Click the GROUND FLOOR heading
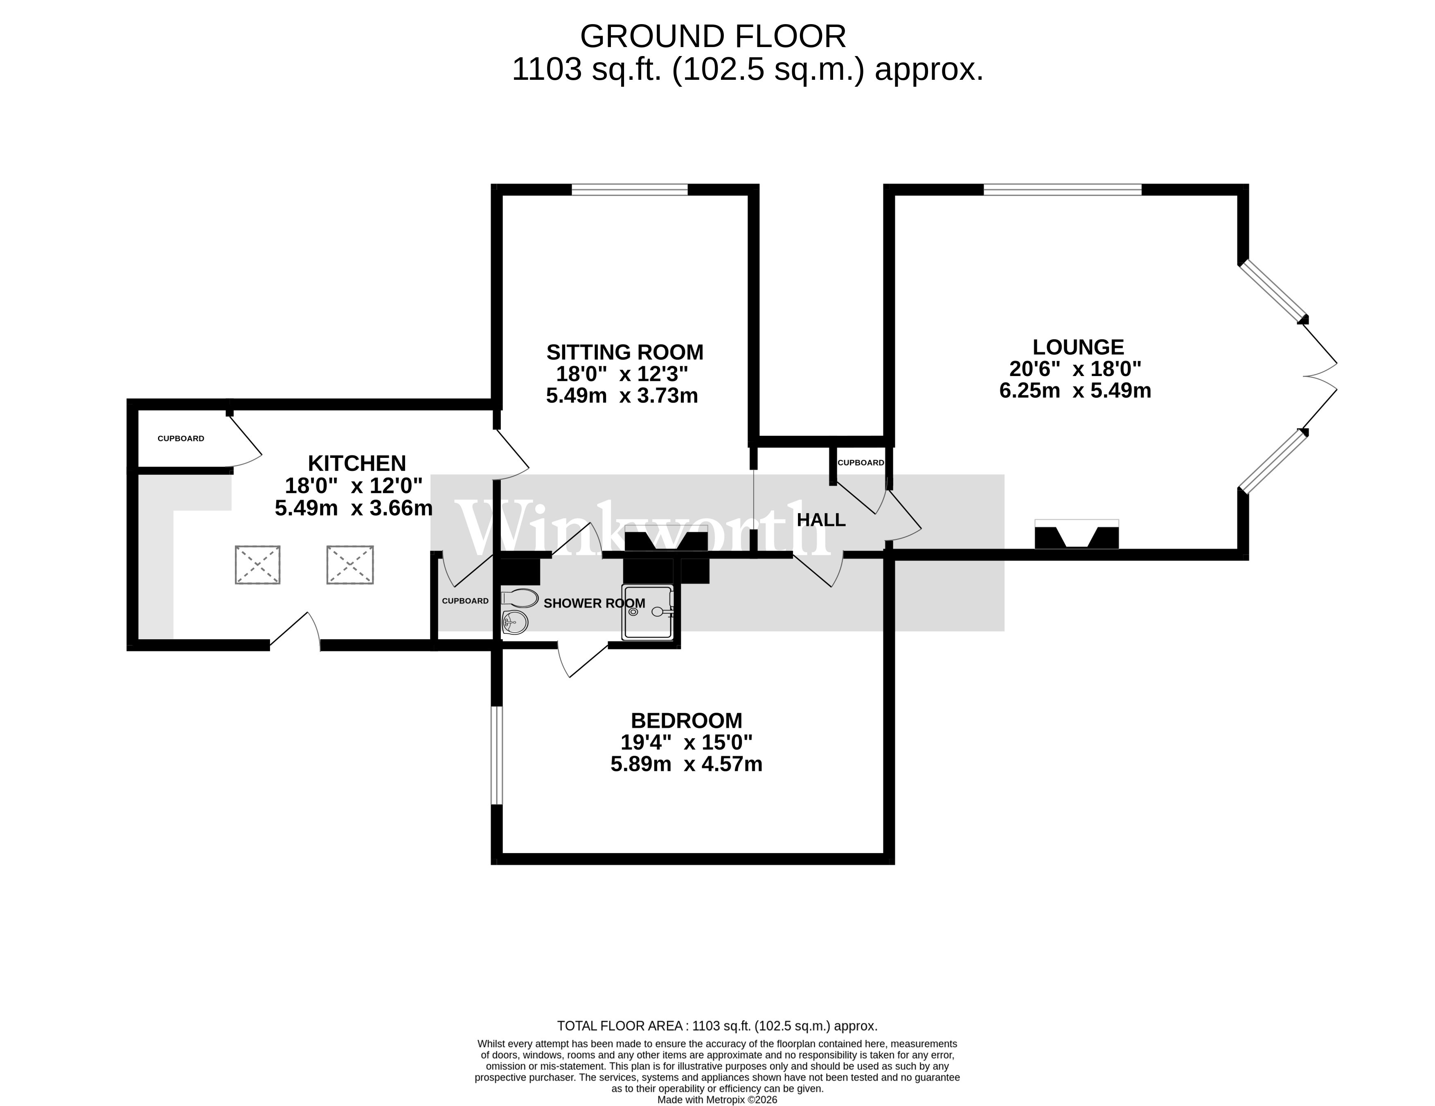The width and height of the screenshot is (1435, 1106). pos(713,37)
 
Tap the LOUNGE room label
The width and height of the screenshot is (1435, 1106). pos(1077,347)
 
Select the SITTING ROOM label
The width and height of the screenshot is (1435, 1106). pos(624,352)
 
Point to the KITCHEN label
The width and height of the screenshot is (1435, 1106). pos(357,463)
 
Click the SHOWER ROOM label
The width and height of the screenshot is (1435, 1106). pos(594,603)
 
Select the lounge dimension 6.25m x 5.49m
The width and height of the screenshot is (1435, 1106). pos(1075,391)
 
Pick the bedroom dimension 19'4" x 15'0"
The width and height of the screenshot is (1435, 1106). pos(686,743)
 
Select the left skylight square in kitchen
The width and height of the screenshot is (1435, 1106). pos(257,565)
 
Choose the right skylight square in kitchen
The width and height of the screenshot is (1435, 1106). pos(350,565)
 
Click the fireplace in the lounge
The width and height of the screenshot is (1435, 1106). pos(1076,535)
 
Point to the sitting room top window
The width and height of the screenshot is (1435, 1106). pos(629,190)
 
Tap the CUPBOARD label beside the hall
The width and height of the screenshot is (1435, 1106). pos(860,463)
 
